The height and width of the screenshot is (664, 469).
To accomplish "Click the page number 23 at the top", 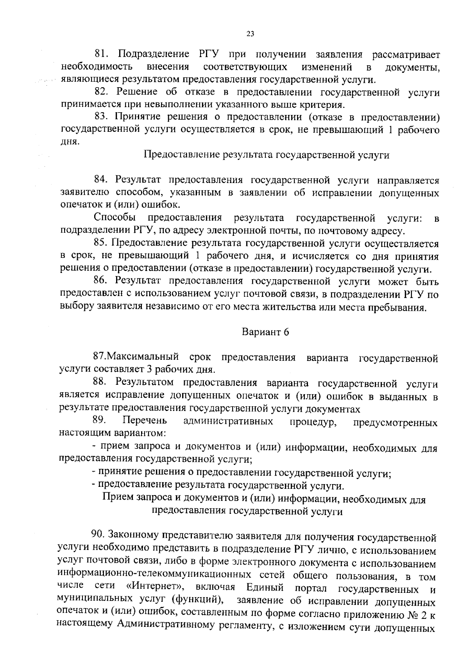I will click(x=251, y=34).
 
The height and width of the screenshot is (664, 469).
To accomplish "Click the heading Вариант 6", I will click(x=266, y=332).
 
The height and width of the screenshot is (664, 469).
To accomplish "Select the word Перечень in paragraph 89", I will click(x=145, y=420).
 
